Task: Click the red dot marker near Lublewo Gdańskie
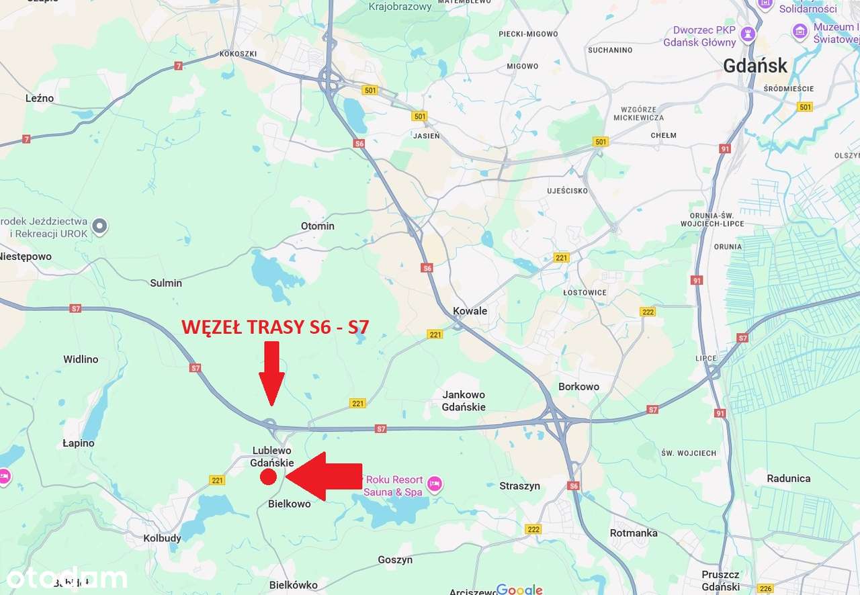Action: point(268,477)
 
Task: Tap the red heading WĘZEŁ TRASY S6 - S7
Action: point(275,327)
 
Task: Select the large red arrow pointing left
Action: point(324,476)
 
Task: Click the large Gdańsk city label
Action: point(755,66)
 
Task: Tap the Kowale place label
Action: point(470,311)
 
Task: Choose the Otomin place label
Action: point(317,226)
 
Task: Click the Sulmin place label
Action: point(166,283)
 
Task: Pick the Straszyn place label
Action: point(519,486)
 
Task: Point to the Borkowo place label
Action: point(578,386)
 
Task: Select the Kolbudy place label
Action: point(163,538)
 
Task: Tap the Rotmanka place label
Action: point(634,533)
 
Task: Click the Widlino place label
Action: point(81,359)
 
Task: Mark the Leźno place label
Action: point(40,98)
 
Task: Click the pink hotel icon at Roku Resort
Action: point(435,483)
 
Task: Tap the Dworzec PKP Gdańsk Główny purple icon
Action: point(748,34)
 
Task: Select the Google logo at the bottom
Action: point(519,590)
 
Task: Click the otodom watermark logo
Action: point(67,578)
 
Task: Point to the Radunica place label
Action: point(788,478)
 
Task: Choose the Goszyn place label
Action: point(395,559)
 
